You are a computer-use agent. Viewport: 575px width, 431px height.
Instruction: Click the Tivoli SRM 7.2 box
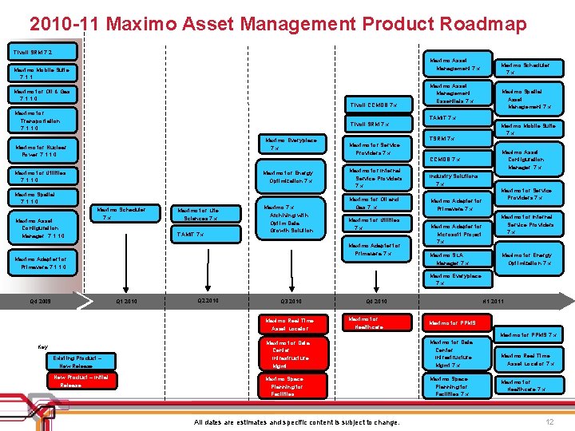(x=32, y=53)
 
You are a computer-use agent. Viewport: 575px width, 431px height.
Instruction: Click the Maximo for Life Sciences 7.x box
(x=197, y=214)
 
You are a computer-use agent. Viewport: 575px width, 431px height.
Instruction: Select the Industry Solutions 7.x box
(x=453, y=179)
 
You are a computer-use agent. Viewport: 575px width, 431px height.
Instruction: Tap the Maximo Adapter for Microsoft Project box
(x=455, y=232)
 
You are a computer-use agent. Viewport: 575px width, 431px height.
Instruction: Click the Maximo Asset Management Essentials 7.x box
(x=453, y=93)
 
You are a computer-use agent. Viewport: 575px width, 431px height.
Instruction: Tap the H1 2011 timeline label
(x=493, y=302)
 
